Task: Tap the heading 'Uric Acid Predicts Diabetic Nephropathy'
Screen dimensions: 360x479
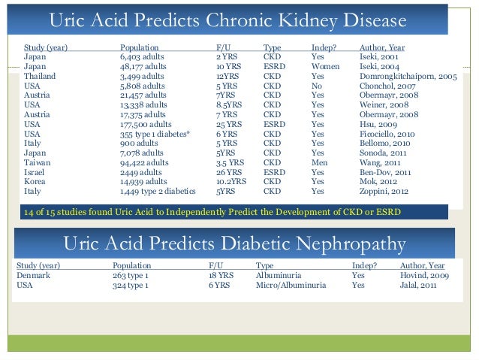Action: click(x=235, y=244)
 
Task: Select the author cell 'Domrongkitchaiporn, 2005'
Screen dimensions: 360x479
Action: click(x=408, y=76)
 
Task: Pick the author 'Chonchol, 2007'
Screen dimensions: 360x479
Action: click(x=387, y=86)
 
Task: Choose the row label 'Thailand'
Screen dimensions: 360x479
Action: click(x=40, y=76)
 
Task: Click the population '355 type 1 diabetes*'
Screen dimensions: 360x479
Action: click(x=155, y=134)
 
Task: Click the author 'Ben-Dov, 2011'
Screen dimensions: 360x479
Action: click(x=385, y=172)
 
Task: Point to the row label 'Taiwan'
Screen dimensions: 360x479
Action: click(x=38, y=162)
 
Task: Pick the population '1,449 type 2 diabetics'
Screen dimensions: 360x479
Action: click(x=157, y=192)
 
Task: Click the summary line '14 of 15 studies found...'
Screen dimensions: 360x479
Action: click(x=212, y=212)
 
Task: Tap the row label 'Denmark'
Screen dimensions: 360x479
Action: click(x=34, y=275)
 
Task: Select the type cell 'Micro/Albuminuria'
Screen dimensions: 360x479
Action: click(x=291, y=285)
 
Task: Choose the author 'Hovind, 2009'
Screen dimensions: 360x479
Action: click(x=426, y=275)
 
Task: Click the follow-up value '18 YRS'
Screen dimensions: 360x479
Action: click(x=221, y=275)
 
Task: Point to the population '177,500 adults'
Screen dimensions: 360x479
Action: click(x=146, y=124)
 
